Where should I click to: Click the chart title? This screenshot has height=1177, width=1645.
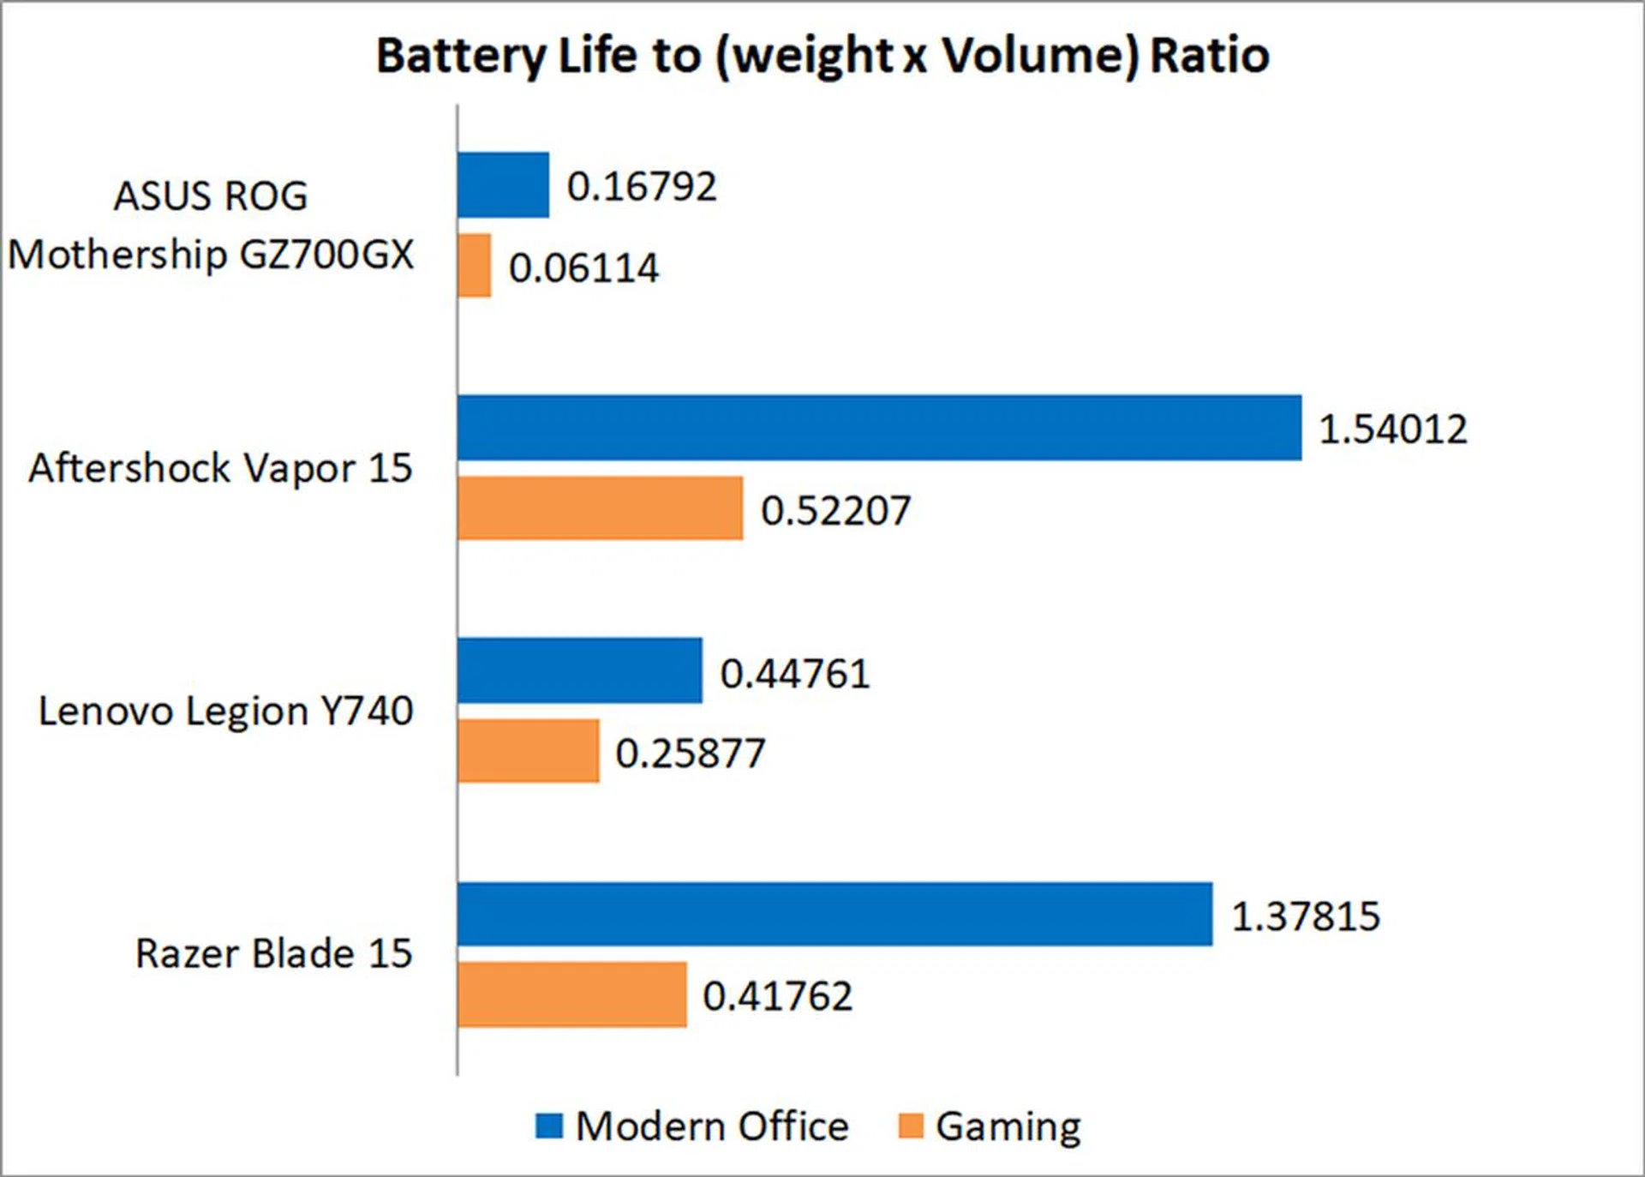tap(822, 57)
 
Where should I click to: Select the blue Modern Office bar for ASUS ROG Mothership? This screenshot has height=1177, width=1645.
tap(503, 185)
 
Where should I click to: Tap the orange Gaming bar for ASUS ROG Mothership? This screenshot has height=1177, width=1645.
tap(475, 266)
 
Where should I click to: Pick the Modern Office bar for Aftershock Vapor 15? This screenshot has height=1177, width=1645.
tap(879, 428)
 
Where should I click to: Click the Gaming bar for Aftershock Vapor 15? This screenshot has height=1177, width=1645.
tap(600, 508)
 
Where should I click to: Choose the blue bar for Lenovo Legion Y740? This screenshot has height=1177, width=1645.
tap(580, 670)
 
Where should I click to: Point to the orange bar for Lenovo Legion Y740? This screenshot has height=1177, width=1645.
tap(528, 751)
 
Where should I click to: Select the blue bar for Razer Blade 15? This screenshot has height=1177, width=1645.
tap(834, 914)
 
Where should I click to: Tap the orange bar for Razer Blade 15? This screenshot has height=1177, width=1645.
tap(571, 994)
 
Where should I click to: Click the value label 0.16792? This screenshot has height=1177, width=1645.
tap(642, 187)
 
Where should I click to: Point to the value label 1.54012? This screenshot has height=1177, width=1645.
tap(1392, 429)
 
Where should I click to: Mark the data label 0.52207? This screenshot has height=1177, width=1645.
tap(835, 511)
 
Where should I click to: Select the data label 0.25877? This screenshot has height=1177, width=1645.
tap(690, 754)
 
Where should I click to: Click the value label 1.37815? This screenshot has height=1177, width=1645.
tap(1306, 916)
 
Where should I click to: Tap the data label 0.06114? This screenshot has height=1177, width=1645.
tap(583, 268)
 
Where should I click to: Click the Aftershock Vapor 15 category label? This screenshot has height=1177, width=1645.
tap(220, 469)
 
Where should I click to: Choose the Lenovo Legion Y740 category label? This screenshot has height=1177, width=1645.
tap(225, 712)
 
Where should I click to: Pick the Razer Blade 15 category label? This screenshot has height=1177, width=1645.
tap(273, 954)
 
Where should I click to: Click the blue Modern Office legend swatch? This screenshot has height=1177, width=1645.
tap(549, 1126)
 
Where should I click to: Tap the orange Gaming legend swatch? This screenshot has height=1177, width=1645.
tap(911, 1126)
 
